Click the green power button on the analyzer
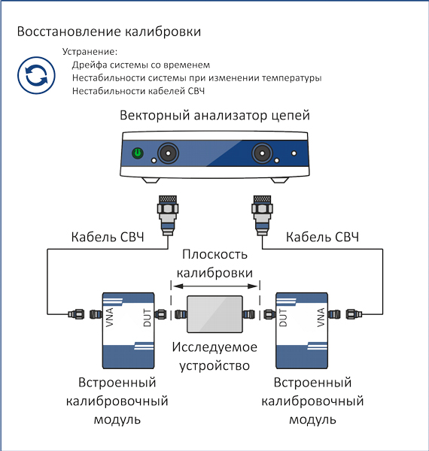pyautogui.click(x=138, y=153)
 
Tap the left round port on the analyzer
pyautogui.click(x=168, y=153)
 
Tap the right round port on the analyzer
pyautogui.click(x=262, y=153)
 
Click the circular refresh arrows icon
pyautogui.click(x=36, y=75)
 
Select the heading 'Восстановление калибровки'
pyautogui.click(x=109, y=32)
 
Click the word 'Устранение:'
pyautogui.click(x=90, y=52)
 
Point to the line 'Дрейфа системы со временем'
pyautogui.click(x=141, y=65)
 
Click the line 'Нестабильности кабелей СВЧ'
pyautogui.click(x=138, y=91)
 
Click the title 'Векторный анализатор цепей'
pyautogui.click(x=214, y=115)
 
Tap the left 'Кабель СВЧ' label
pyautogui.click(x=108, y=237)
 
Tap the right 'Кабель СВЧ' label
pyautogui.click(x=322, y=237)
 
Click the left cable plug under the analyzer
pyautogui.click(x=168, y=216)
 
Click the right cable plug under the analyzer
pyautogui.click(x=263, y=216)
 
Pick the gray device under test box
pyautogui.click(x=214, y=314)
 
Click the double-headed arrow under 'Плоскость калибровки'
pyautogui.click(x=215, y=286)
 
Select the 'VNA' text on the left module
pyautogui.click(x=110, y=317)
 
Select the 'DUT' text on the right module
pyautogui.click(x=283, y=317)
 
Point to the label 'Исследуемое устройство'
pyautogui.click(x=214, y=356)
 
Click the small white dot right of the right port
pyautogui.click(x=294, y=153)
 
